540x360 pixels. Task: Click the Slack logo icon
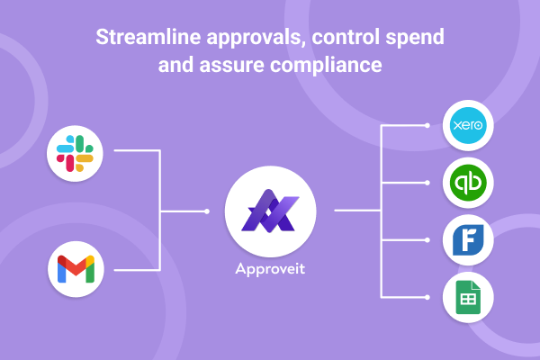pos(76,152)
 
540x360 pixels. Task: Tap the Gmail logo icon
pos(76,269)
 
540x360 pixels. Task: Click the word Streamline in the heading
pos(145,40)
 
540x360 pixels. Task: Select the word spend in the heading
pos(418,40)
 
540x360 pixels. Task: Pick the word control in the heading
pos(344,40)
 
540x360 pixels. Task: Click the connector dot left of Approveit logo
pos(207,211)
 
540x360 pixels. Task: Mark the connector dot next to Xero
pos(430,126)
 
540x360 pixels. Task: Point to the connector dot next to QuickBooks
pos(430,183)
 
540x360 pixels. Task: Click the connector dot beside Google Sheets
pos(430,296)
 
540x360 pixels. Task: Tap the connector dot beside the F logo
pos(430,240)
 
